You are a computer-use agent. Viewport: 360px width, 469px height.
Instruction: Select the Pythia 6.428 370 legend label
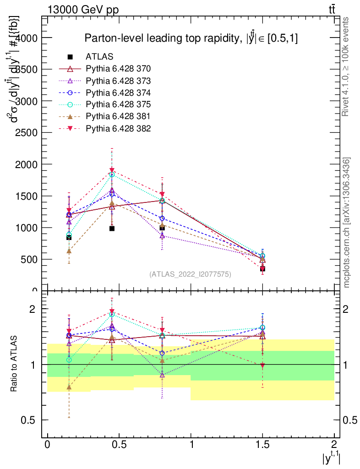(118, 69)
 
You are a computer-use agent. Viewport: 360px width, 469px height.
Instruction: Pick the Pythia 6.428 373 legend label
(118, 81)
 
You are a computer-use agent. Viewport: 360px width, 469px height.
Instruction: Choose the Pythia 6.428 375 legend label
(118, 104)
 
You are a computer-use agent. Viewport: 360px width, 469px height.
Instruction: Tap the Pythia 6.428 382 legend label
(118, 128)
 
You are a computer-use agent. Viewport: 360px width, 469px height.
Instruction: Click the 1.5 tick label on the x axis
(262, 444)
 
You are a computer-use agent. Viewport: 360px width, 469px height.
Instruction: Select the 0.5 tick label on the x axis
(119, 444)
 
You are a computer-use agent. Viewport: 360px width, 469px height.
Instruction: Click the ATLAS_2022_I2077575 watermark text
(190, 274)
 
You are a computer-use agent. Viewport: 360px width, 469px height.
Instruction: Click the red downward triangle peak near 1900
(112, 170)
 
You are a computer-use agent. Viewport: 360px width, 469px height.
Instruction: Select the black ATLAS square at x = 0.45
(112, 228)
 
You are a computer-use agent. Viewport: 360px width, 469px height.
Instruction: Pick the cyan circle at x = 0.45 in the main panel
(112, 175)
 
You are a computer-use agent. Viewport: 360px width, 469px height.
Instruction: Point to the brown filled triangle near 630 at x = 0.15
(69, 251)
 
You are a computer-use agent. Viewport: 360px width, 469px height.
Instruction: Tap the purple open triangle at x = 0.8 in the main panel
(162, 235)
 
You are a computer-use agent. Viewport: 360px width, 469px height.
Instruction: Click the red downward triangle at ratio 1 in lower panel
(262, 365)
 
